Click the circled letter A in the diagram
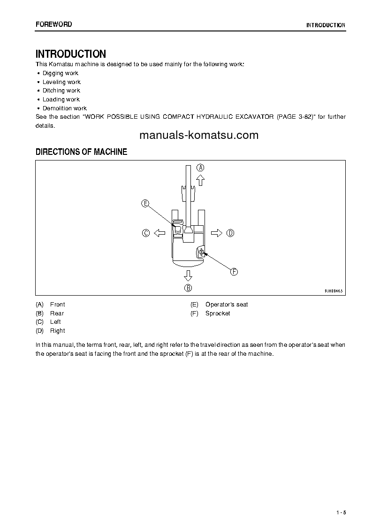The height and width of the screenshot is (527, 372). click(x=200, y=168)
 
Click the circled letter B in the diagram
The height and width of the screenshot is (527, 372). click(x=188, y=288)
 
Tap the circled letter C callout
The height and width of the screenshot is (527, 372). click(x=146, y=233)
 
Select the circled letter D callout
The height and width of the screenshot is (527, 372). click(x=230, y=233)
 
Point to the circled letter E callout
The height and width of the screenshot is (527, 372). click(x=145, y=203)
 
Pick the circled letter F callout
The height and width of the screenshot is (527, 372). click(x=234, y=271)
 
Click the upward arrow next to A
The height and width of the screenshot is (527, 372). click(x=200, y=180)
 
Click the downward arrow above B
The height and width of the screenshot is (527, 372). click(x=188, y=275)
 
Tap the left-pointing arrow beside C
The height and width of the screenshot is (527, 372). click(x=159, y=233)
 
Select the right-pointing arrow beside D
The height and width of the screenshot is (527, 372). click(x=216, y=233)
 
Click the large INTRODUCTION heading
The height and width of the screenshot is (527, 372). click(x=71, y=54)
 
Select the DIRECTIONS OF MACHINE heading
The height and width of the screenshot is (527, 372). click(x=81, y=152)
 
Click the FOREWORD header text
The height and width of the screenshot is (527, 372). click(x=54, y=24)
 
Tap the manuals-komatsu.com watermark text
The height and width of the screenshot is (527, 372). click(x=199, y=135)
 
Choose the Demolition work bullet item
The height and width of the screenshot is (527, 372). click(x=65, y=108)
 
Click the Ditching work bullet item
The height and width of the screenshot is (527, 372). click(x=61, y=91)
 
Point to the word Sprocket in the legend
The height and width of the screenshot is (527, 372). click(x=218, y=313)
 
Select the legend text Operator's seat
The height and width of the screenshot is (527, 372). click(x=227, y=305)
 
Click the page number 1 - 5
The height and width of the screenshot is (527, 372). click(x=341, y=512)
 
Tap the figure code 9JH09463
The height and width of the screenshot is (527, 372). click(x=334, y=291)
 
